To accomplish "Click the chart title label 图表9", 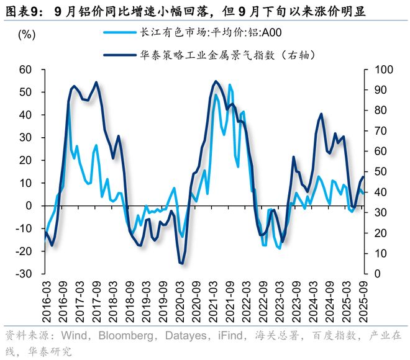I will click(24, 11).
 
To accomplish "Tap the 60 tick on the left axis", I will click(25, 70).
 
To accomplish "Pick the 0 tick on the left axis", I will click(30, 205).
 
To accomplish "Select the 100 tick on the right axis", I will click(380, 70).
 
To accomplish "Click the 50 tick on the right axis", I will click(377, 172).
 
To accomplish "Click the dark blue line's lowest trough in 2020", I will click(182, 264).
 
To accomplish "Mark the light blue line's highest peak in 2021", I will click(230, 84).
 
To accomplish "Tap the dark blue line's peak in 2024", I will click(321, 114).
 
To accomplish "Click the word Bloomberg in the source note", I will click(110, 336).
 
